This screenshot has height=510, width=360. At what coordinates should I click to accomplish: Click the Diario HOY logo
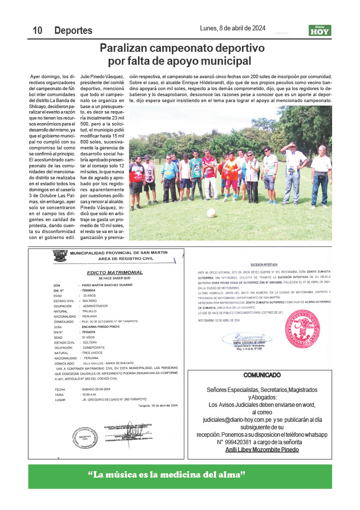pos(319,30)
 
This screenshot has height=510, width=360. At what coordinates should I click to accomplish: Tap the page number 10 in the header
pos(37,31)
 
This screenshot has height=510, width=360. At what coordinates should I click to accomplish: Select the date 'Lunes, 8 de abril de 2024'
pos(233,28)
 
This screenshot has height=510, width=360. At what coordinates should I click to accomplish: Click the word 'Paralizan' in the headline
pos(128,49)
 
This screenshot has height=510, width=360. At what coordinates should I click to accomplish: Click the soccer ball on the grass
pos(211,213)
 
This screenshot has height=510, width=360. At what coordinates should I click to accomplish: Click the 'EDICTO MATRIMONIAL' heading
pos(115,272)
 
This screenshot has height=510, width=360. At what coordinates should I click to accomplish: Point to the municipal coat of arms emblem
pos(60,255)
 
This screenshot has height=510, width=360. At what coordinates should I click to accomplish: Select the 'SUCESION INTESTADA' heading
pos(264,265)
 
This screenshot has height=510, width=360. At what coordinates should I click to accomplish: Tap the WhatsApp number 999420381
pos(235,442)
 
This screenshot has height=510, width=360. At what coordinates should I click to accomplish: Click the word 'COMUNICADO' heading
pos(262,375)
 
